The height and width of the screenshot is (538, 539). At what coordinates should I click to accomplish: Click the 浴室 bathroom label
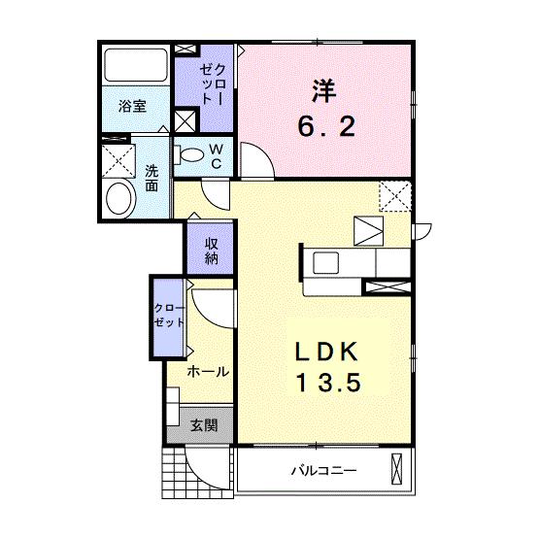[x=133, y=108]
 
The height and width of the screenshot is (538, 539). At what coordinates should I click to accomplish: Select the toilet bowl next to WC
[x=191, y=153]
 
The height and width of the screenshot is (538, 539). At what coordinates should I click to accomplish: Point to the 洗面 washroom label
[x=152, y=178]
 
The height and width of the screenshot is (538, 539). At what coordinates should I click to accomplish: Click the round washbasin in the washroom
[x=120, y=198]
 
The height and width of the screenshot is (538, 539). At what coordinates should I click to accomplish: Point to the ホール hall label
[x=208, y=372]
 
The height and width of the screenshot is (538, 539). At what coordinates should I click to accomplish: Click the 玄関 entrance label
[x=203, y=425]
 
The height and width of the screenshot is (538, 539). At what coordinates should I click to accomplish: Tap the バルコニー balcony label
[x=324, y=471]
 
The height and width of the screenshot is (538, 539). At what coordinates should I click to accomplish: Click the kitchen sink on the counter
[x=322, y=262]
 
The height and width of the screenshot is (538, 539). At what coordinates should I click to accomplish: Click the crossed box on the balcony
[x=395, y=469]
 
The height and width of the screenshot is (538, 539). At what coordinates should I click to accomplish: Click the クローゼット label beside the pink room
[x=215, y=86]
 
